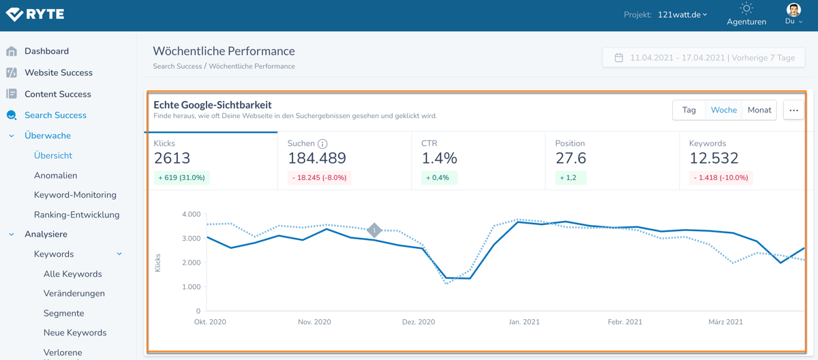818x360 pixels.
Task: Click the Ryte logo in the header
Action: pos(35,14)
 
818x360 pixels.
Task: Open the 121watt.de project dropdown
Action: pos(682,14)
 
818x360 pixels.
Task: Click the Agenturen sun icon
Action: pos(746,9)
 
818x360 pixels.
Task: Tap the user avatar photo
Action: pos(793,10)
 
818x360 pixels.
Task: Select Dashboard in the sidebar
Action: pos(46,51)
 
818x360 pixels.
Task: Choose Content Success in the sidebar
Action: pos(57,94)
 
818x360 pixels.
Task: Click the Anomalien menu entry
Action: pos(55,175)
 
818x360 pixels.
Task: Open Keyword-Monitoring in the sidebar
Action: pos(75,195)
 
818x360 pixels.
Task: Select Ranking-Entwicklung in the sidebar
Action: pos(76,215)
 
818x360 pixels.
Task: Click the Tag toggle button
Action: pos(689,110)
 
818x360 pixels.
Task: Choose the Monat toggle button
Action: pos(759,110)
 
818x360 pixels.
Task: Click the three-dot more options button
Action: pos(793,110)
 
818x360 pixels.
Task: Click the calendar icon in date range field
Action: pos(619,58)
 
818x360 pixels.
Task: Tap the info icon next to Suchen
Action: pos(322,144)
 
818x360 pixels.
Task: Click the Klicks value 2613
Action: pos(172,158)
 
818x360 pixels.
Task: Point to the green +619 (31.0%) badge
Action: pos(181,178)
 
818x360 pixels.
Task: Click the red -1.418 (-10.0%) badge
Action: pos(721,178)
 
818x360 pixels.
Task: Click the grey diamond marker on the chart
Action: pos(374,230)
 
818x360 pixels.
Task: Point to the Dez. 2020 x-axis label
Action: pos(419,322)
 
